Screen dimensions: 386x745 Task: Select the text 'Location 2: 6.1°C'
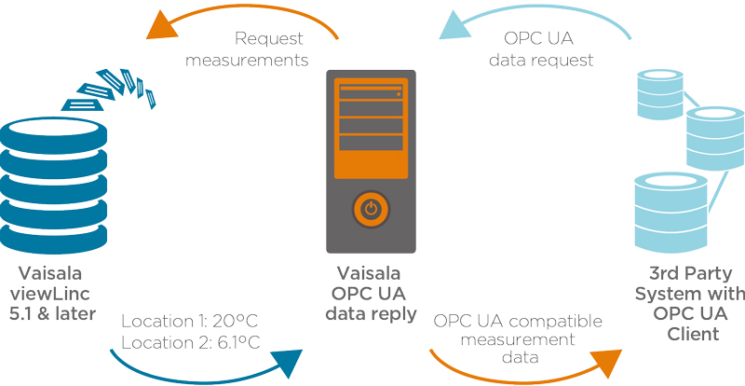[190, 341]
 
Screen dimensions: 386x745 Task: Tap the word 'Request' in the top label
[270, 39]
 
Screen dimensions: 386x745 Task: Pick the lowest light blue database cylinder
[667, 209]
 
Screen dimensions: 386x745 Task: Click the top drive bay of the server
[371, 93]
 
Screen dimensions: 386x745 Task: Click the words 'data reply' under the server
[371, 314]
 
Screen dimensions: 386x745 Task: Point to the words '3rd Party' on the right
[690, 275]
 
